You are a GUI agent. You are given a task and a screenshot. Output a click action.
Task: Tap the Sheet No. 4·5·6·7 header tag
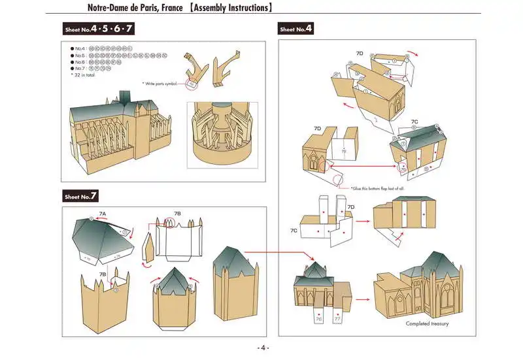coord(99,29)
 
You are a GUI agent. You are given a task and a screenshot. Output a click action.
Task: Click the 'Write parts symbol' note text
coord(161,84)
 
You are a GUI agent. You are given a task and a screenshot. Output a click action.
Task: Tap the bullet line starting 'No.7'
coord(92,69)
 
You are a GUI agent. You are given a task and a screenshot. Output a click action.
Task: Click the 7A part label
coord(103,214)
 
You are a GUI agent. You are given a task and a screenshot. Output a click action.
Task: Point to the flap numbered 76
coord(318,319)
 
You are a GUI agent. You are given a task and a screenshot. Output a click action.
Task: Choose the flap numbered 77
coord(337,319)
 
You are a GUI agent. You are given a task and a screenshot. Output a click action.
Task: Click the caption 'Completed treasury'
coord(427,323)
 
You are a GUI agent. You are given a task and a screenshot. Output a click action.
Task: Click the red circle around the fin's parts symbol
coord(191,82)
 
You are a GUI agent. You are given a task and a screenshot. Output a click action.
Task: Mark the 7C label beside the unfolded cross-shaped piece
coord(294,231)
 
